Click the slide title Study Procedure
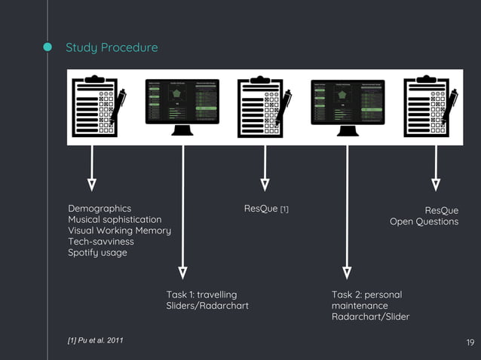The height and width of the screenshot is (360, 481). pyautogui.click(x=112, y=48)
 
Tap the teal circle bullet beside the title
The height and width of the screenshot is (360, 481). pyautogui.click(x=47, y=48)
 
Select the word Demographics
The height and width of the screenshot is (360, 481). pyautogui.click(x=100, y=209)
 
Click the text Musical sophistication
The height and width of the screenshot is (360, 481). pyautogui.click(x=115, y=219)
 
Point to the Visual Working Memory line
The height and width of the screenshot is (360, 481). pyautogui.click(x=119, y=230)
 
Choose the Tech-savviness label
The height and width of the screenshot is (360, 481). pyautogui.click(x=101, y=242)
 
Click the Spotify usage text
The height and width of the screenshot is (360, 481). pyautogui.click(x=97, y=252)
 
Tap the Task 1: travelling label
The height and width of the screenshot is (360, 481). pyautogui.click(x=201, y=294)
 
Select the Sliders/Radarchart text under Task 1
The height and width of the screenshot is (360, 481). pyautogui.click(x=207, y=306)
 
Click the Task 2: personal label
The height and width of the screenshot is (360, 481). pyautogui.click(x=366, y=294)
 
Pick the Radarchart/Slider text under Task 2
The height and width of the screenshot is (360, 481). pyautogui.click(x=370, y=317)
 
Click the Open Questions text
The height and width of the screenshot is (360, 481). pyautogui.click(x=424, y=221)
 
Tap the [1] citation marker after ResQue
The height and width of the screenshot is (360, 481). pyautogui.click(x=284, y=209)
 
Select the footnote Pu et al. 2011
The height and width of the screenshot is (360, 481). pyautogui.click(x=96, y=342)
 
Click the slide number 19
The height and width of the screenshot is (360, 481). pyautogui.click(x=470, y=343)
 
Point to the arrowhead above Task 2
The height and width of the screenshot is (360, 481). pyautogui.click(x=347, y=272)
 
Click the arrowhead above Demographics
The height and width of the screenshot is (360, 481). pyautogui.click(x=92, y=183)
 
